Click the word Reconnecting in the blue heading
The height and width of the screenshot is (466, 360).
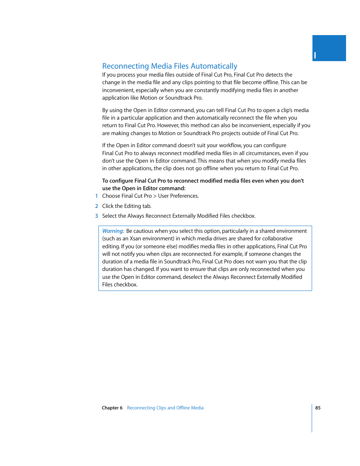[x=125, y=66]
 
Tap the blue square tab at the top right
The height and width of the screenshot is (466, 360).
[x=329, y=48]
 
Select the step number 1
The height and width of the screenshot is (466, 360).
[x=97, y=196]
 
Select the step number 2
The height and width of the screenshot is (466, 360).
[x=97, y=206]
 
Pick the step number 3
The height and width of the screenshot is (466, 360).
[x=97, y=216]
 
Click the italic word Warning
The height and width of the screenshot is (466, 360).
[x=113, y=231]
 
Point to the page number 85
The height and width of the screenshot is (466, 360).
[x=318, y=408]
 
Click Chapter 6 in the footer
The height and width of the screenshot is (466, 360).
[x=112, y=408]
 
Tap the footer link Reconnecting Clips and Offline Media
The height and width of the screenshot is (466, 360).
[x=165, y=408]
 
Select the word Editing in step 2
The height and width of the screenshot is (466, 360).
[x=132, y=206]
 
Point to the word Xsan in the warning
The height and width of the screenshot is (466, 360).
[x=135, y=239]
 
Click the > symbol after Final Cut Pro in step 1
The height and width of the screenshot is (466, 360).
[x=155, y=196]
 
